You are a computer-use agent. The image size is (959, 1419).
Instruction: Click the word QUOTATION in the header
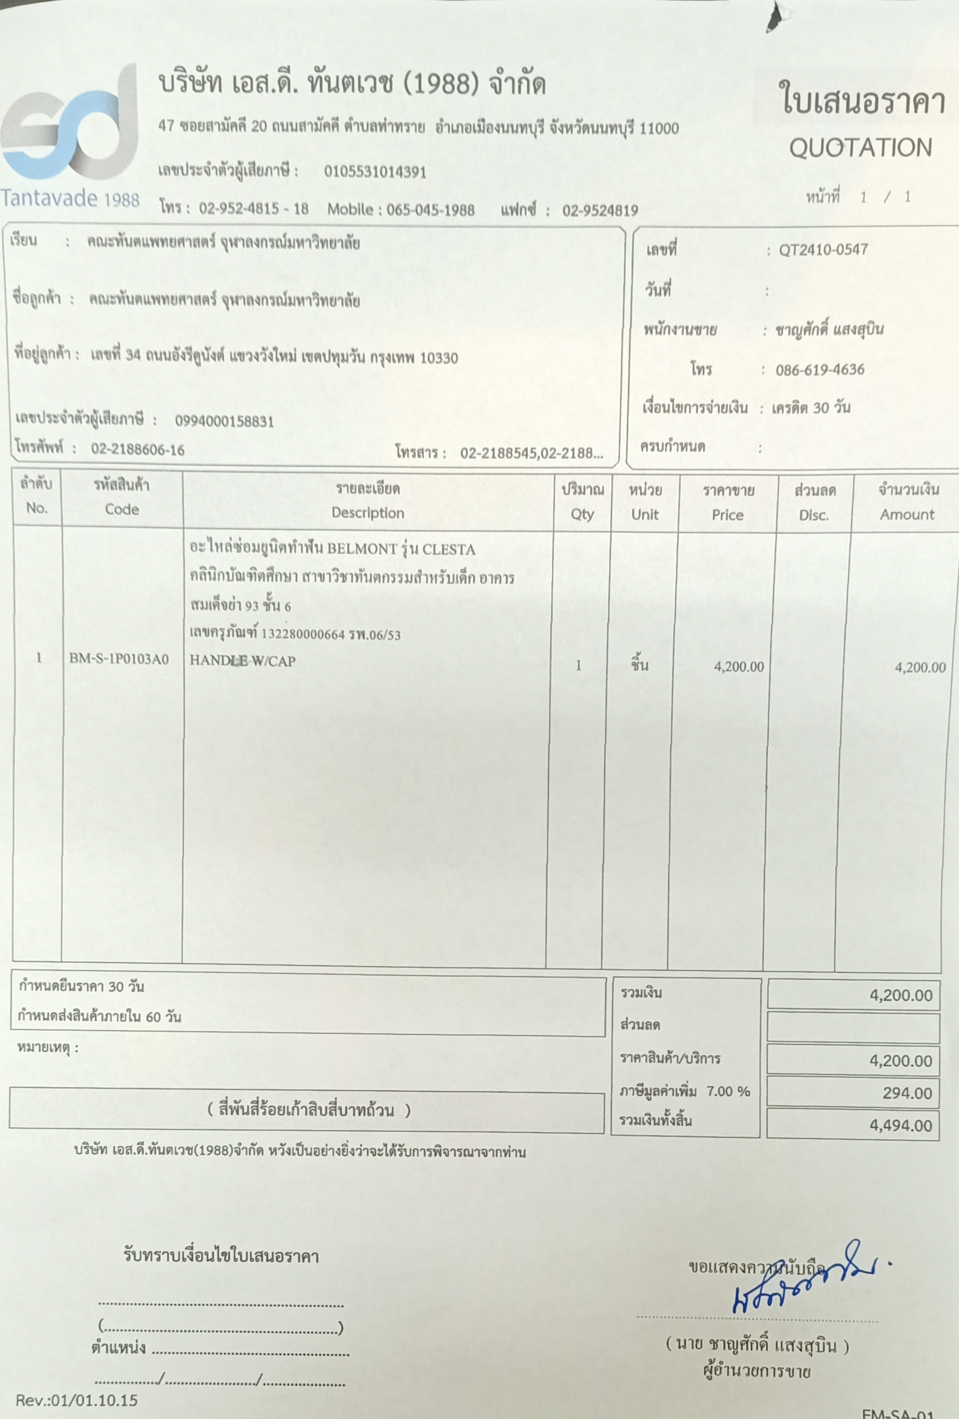coord(860,149)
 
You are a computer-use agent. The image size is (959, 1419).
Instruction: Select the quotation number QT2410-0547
coord(823,250)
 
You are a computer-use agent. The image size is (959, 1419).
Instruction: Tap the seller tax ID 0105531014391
coord(375,171)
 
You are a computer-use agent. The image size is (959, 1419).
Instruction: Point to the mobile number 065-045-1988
coord(431,210)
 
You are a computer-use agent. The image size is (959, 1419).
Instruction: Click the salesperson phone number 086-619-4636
coord(819,370)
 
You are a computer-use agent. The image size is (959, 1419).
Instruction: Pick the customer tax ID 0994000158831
coord(225,421)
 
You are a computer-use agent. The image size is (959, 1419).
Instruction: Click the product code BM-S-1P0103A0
coord(119,659)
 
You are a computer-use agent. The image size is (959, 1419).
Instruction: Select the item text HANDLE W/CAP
coord(243,661)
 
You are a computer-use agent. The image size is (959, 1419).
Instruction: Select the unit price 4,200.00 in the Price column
coord(739,667)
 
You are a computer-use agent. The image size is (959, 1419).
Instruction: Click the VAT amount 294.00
coord(907,1093)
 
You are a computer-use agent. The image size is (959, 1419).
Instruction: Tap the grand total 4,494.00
coord(901,1125)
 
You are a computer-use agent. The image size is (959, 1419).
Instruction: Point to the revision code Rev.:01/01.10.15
coord(77,1400)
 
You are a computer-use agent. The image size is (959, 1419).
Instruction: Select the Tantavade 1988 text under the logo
coord(70,199)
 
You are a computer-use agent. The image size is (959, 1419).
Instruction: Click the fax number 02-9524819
coord(600,211)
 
